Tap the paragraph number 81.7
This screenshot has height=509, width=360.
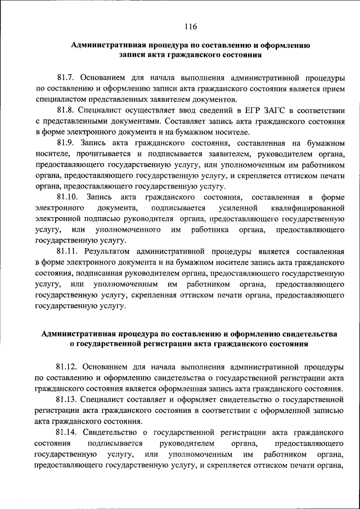coord(65,77)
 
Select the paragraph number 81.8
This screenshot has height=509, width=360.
coord(65,111)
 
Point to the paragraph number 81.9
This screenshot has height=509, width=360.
coord(65,144)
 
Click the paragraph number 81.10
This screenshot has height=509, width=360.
coord(67,197)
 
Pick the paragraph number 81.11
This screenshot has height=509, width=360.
coord(67,252)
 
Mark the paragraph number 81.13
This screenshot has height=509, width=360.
coord(67,400)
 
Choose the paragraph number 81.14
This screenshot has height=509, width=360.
coord(67,433)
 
